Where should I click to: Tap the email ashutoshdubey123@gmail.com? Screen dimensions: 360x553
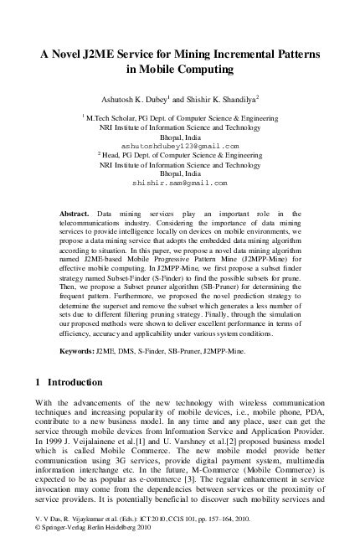pyautogui.click(x=180, y=145)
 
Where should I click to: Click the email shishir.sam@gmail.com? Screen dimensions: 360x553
pyautogui.click(x=180, y=181)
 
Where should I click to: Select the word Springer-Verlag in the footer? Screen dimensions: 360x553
pyautogui.click(x=66, y=543)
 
